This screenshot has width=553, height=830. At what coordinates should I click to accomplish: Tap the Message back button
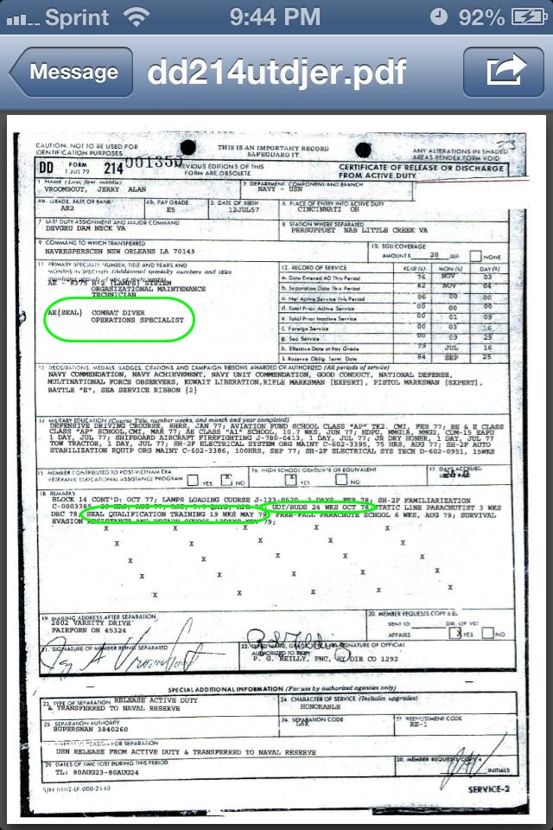tap(72, 73)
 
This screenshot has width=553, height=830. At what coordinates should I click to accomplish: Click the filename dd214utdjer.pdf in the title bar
tap(276, 73)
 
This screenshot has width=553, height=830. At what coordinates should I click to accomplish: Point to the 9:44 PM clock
tap(276, 16)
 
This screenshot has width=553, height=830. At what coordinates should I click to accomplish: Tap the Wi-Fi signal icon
tap(136, 16)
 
